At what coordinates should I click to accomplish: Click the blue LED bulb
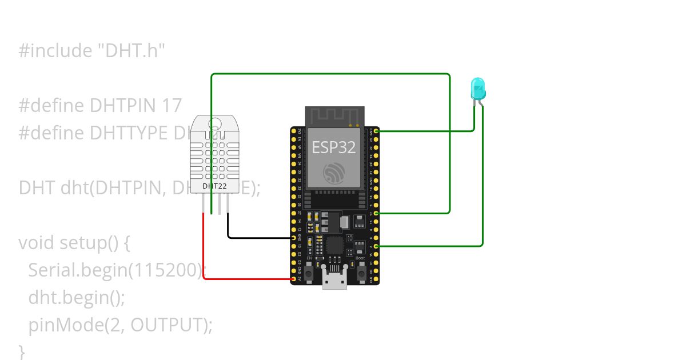(478, 89)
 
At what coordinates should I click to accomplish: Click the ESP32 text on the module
(334, 147)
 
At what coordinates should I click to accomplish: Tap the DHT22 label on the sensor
(214, 186)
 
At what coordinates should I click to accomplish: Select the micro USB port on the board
(334, 280)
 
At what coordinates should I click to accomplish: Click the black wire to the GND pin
(257, 237)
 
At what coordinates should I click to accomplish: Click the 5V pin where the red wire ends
(294, 279)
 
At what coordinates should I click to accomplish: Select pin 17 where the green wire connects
(376, 213)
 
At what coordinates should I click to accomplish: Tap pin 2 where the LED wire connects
(376, 246)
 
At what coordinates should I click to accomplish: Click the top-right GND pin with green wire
(376, 131)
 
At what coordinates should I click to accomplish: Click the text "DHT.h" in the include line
(131, 51)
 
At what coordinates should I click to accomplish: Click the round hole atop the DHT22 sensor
(216, 122)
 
